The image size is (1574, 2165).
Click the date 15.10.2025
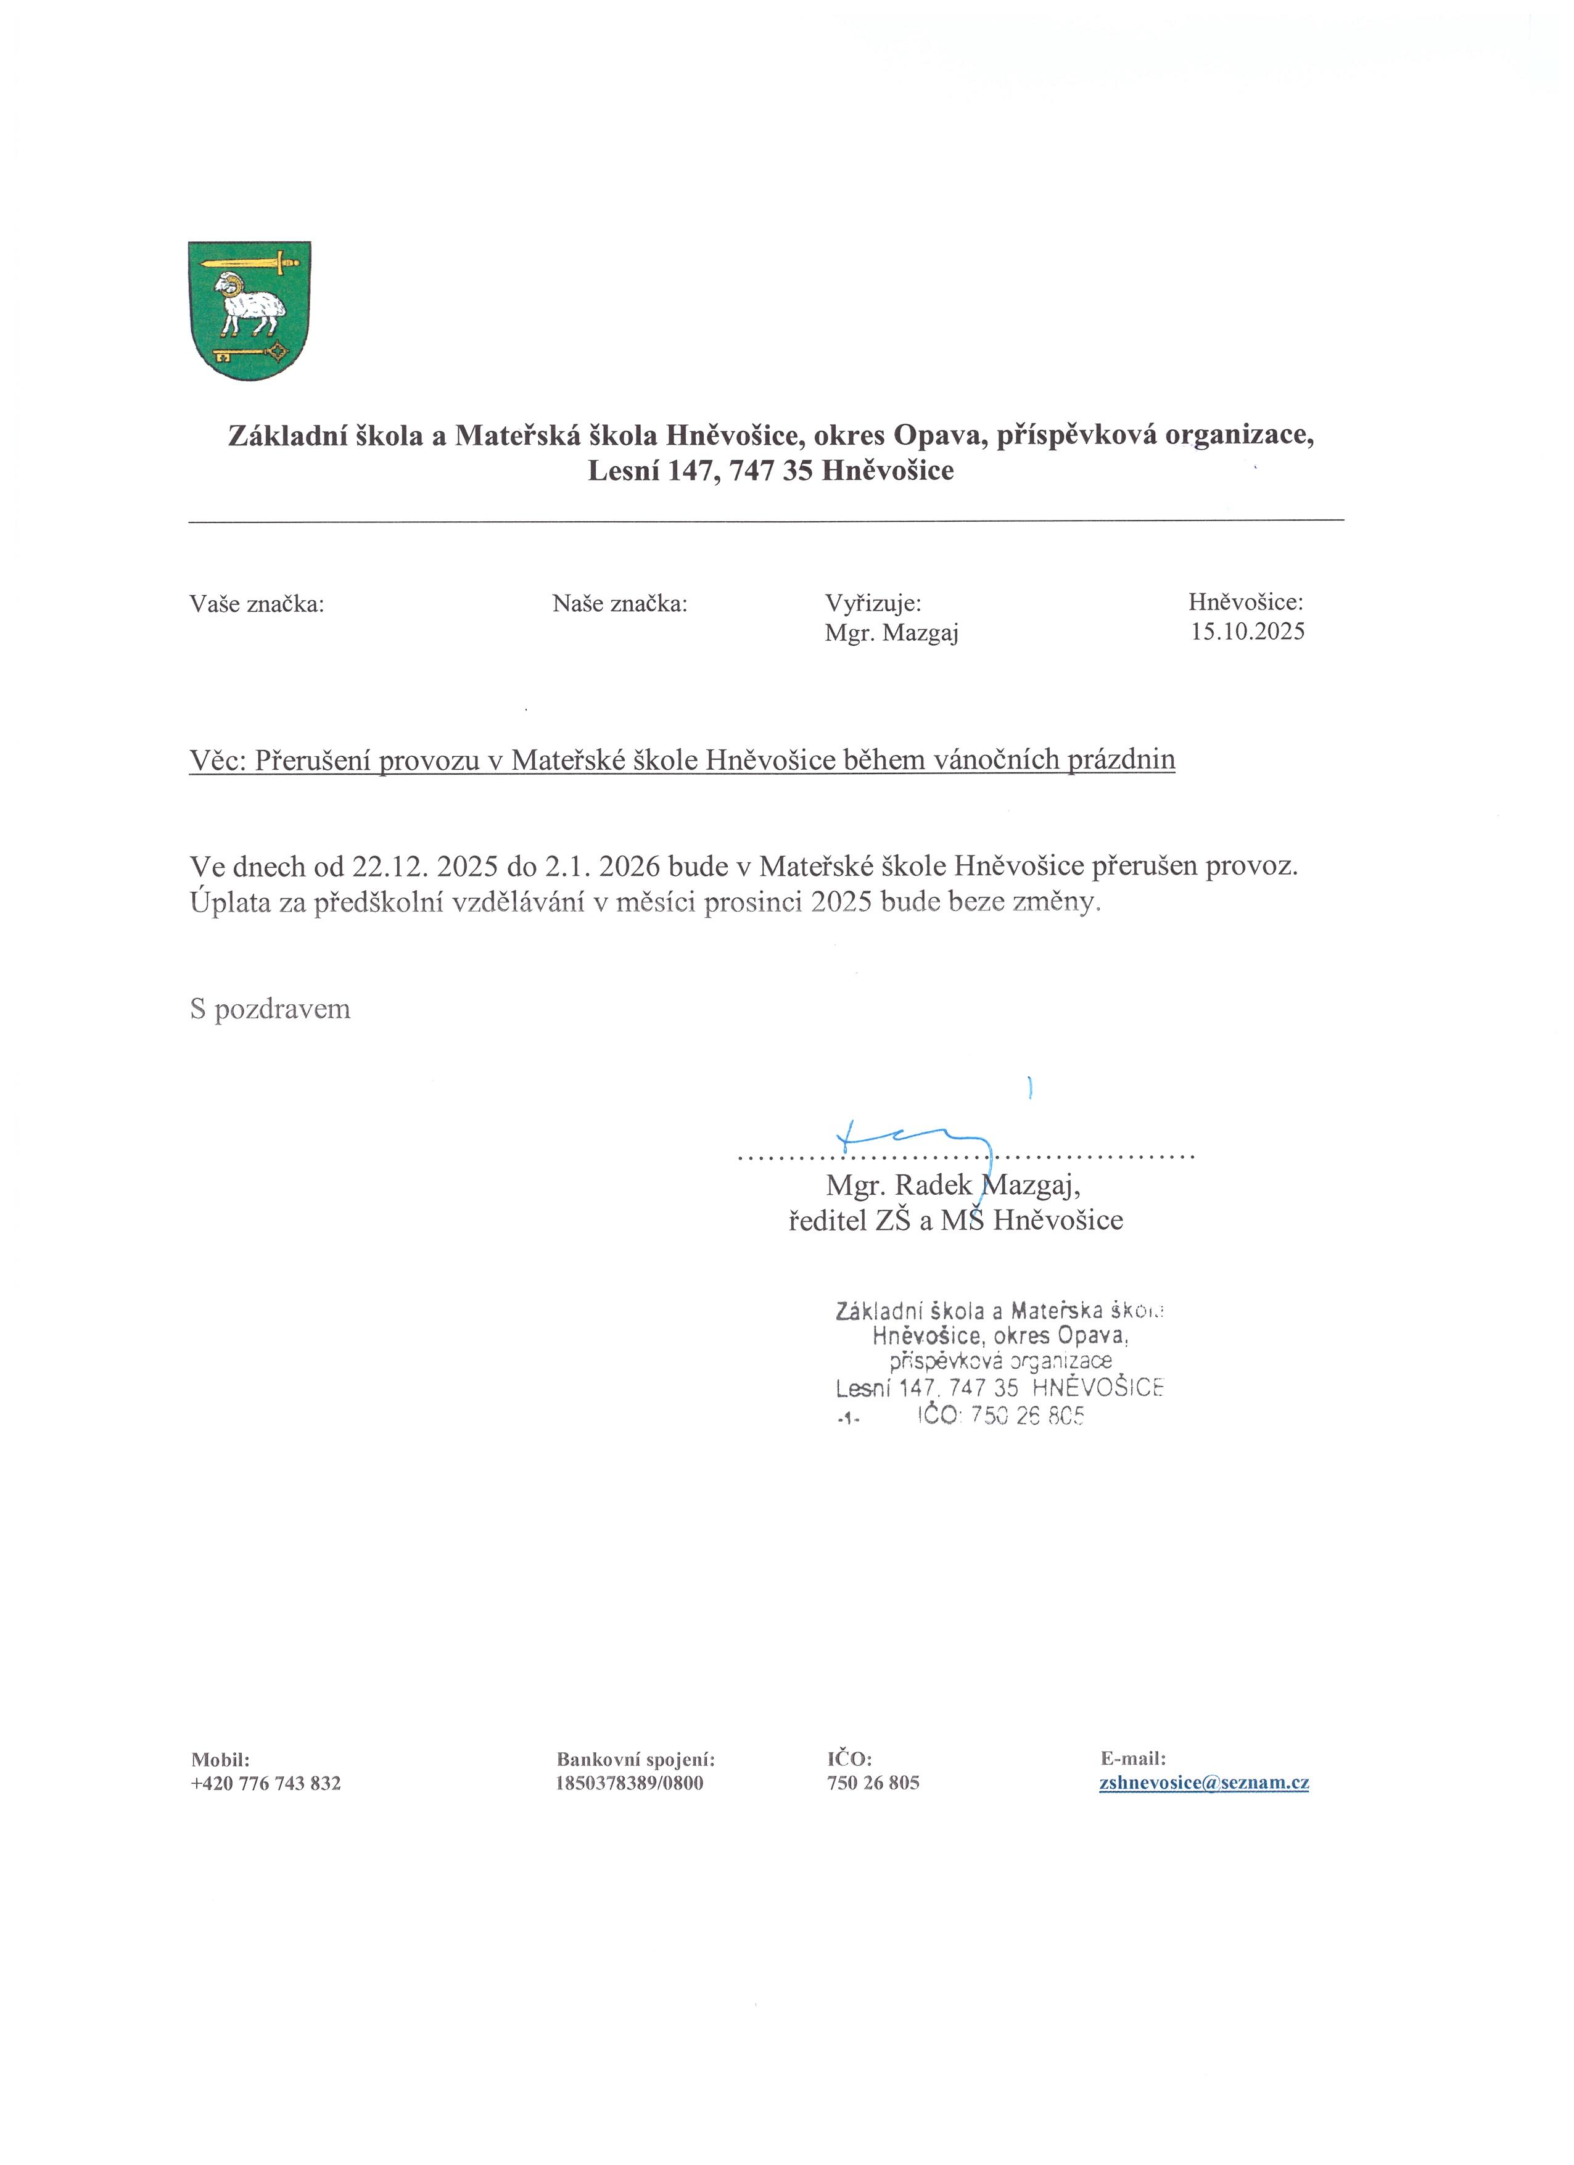point(1246,632)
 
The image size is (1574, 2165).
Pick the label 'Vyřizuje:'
point(873,603)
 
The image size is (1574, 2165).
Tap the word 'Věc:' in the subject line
point(218,760)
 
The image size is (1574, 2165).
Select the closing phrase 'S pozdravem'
point(270,1010)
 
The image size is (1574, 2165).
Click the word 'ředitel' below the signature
point(826,1221)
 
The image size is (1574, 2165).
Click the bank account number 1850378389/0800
point(629,1783)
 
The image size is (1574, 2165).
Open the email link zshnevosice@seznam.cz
point(1204,1783)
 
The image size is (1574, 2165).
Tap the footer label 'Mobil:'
point(220,1759)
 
